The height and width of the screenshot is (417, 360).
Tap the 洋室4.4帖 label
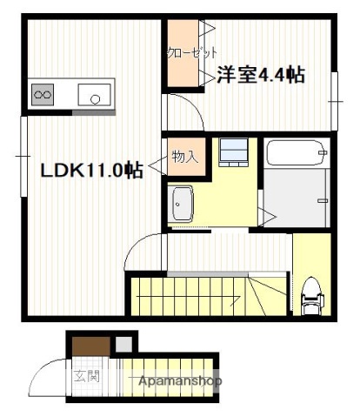tap(260, 76)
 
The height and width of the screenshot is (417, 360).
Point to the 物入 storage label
tap(185, 158)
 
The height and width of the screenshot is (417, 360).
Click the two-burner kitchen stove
tap(43, 91)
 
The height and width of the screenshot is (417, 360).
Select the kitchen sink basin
tap(95, 93)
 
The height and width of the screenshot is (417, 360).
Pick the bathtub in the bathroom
tap(296, 154)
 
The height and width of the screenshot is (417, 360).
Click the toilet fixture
tap(310, 297)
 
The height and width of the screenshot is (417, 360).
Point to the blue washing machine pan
tap(232, 151)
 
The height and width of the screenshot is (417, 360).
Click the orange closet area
tap(183, 52)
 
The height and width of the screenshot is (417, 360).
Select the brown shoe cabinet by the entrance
tap(89, 345)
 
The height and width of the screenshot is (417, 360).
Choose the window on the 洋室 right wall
tap(334, 87)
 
